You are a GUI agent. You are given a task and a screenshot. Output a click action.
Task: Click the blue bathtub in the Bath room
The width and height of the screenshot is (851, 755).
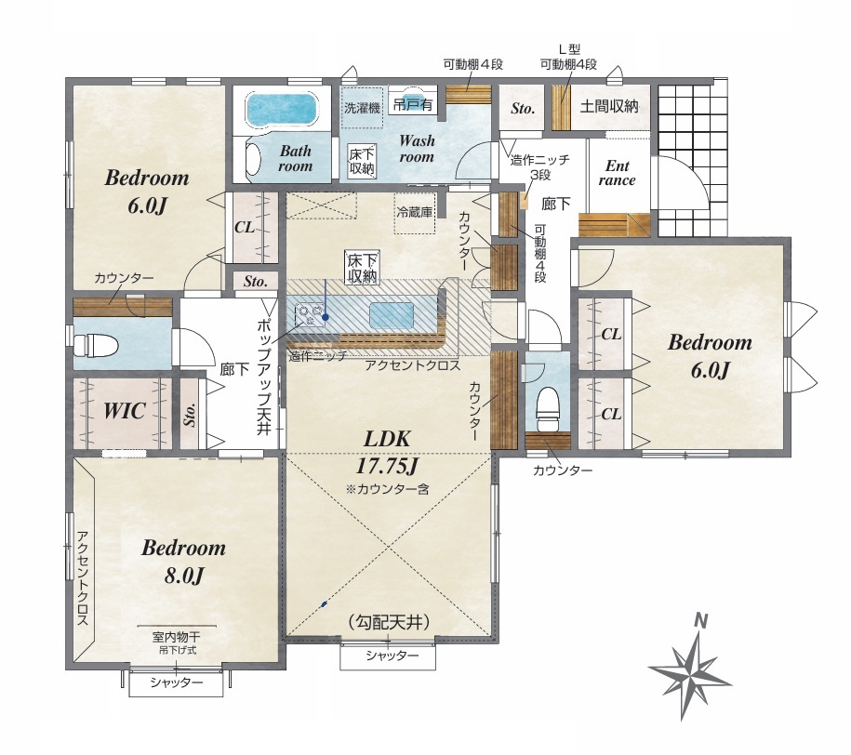pos(283,109)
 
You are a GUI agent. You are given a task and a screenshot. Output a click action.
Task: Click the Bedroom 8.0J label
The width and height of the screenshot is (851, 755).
pos(183,562)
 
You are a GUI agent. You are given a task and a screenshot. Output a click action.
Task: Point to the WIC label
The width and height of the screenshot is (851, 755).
pos(124,410)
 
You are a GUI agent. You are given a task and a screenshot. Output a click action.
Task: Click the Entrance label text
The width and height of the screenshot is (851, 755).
pos(617,173)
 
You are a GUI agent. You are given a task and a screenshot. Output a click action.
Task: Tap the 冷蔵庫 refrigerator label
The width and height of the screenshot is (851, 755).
pos(415,212)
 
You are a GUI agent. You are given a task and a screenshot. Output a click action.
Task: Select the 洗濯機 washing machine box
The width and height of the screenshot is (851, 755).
pos(363,108)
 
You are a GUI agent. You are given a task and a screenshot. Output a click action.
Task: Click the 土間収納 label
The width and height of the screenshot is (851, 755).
pos(609,106)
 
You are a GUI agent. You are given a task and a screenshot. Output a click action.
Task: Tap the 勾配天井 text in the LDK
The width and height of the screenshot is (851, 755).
pos(389,622)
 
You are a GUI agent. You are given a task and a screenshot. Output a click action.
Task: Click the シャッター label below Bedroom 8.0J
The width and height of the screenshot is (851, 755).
pos(176,683)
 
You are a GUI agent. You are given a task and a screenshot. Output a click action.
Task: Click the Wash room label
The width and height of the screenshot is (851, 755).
pos(417,149)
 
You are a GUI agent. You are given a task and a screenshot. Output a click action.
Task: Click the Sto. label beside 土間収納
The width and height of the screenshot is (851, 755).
pos(523,109)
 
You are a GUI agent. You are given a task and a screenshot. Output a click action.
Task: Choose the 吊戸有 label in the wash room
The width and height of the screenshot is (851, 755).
pos(413,106)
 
